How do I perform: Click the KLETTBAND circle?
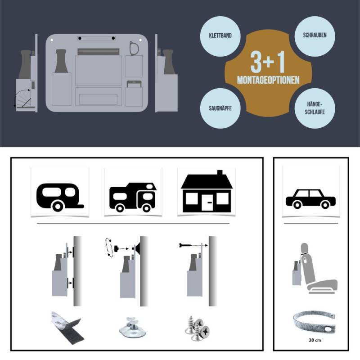tap(220, 36)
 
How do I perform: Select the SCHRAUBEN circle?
tap(315, 36)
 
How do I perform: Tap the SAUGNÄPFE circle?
tap(220, 108)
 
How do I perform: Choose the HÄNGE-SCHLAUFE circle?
tap(315, 108)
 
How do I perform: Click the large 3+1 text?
tap(268, 62)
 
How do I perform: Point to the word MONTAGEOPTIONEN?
tap(268, 80)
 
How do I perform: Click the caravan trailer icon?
tap(60, 197)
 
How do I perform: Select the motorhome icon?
tap(133, 197)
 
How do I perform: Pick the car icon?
tap(310, 199)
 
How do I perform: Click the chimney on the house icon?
tap(220, 172)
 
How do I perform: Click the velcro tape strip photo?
tap(68, 328)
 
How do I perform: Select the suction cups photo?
tap(132, 327)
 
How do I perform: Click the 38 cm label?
tap(315, 340)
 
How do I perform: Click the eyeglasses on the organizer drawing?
tap(134, 49)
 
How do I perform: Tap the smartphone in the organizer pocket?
tap(134, 84)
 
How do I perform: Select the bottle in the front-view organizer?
tap(61, 61)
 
